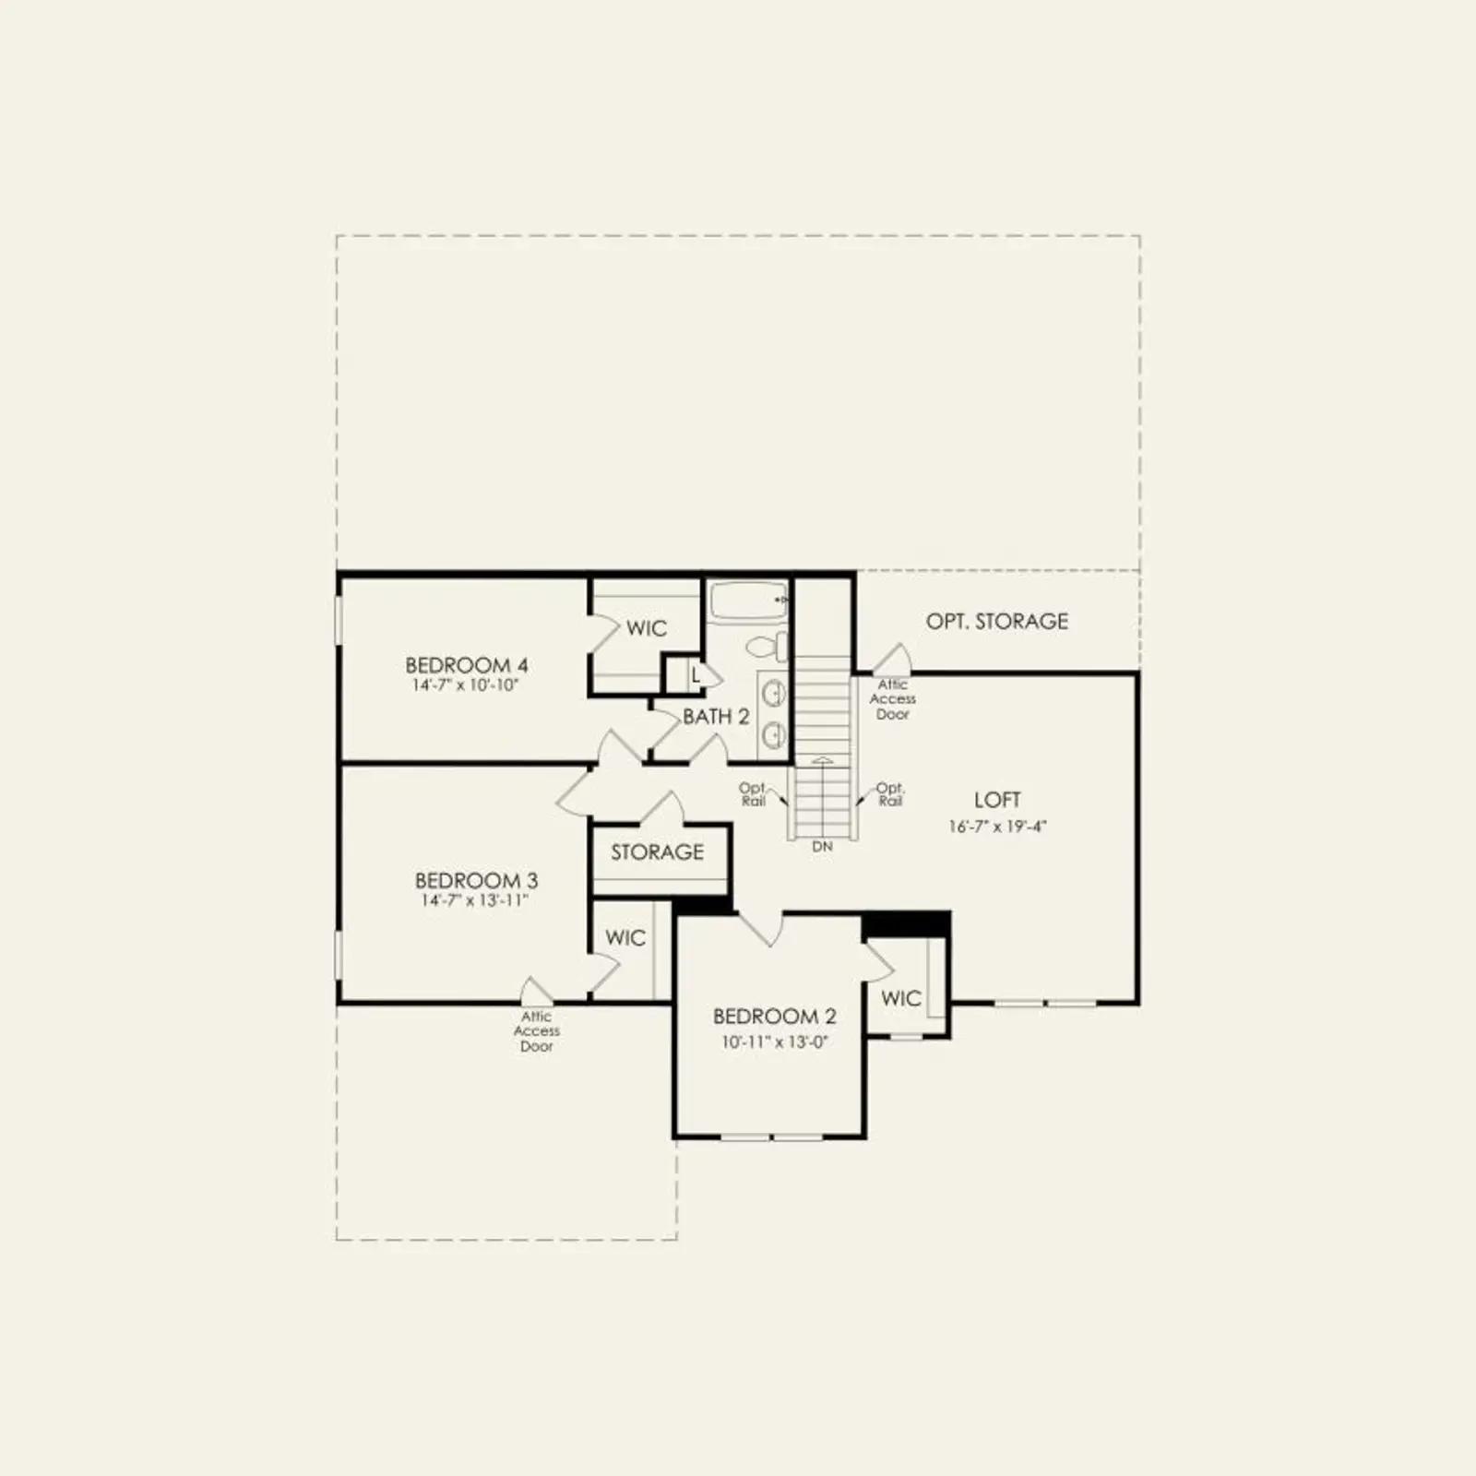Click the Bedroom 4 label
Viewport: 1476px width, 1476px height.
(467, 665)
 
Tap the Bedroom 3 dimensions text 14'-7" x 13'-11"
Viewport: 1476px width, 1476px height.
(474, 900)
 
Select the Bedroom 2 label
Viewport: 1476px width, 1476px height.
(775, 1017)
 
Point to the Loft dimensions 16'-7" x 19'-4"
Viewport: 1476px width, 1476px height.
(997, 827)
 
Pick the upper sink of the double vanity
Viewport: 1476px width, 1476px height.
(773, 692)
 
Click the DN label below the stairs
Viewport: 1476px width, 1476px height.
(822, 846)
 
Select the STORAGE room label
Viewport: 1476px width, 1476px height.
(657, 852)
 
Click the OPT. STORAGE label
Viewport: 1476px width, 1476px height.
(997, 622)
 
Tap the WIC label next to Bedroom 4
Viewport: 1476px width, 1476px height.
(647, 629)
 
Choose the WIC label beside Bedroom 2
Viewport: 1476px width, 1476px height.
(901, 998)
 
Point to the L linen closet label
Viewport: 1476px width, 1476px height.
(696, 676)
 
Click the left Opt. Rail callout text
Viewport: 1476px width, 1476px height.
(753, 794)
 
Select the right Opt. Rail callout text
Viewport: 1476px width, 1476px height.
(890, 794)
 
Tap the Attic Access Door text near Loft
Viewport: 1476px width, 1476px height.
(893, 699)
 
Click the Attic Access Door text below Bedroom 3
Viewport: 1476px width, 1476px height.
(537, 1031)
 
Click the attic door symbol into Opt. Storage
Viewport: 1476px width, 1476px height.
(893, 658)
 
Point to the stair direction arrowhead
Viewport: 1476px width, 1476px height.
(822, 761)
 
